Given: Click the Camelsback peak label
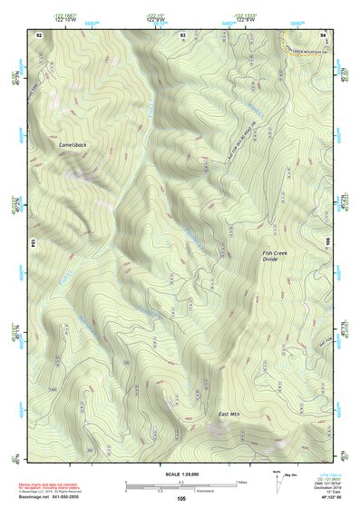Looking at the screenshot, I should point(72,143).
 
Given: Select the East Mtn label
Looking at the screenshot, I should point(229,415).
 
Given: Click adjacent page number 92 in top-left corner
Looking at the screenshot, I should point(39,34).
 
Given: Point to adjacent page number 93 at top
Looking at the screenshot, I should point(183,34).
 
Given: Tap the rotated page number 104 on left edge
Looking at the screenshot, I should point(34,243).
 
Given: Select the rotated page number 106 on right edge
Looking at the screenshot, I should point(327,243).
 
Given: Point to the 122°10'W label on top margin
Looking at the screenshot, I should point(64,19).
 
